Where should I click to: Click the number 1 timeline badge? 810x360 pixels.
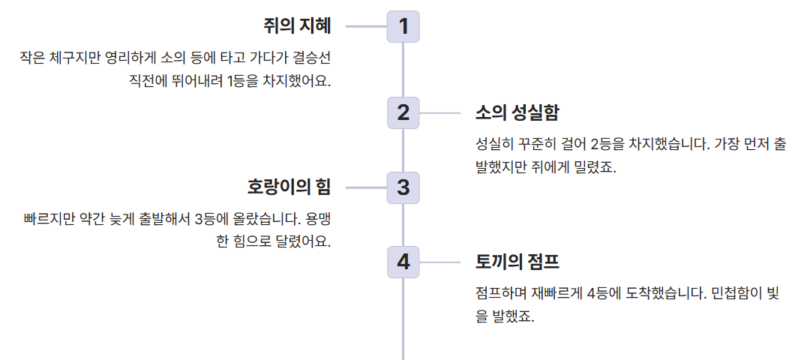403,26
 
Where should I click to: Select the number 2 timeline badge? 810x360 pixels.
403,113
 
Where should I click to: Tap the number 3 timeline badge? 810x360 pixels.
403,187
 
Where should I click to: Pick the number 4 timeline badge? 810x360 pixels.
403,262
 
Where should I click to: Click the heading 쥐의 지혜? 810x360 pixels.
297,26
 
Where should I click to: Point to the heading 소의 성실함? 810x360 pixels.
517,113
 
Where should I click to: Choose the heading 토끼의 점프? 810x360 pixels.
517,262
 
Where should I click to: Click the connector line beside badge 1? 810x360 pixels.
366,26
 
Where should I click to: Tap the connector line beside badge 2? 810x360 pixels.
439,113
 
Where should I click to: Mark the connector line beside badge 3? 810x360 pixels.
366,187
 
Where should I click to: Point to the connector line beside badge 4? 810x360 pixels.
439,262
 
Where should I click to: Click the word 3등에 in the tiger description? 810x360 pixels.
211,220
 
